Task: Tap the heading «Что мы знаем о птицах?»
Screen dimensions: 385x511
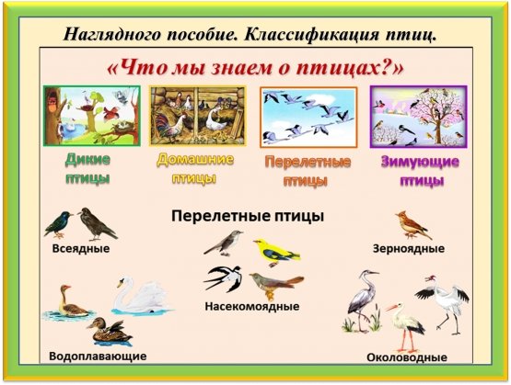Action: tap(256, 67)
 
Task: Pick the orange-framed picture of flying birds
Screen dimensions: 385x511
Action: tap(308, 117)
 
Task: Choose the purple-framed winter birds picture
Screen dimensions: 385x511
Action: tap(418, 116)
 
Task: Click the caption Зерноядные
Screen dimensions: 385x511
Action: tap(409, 248)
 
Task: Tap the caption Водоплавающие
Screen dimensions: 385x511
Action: tap(98, 355)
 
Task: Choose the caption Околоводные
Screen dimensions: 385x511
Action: tap(407, 357)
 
